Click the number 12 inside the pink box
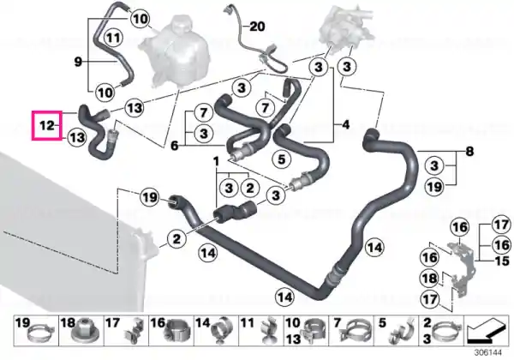point(46,125)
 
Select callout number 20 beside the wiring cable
point(257,27)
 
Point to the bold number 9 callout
point(78,62)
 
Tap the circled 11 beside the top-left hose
point(113,38)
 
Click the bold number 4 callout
point(345,124)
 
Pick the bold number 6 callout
point(175,145)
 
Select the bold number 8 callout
point(469,152)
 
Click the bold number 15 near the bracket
point(502,261)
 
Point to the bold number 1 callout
point(216,161)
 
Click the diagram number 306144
point(488,352)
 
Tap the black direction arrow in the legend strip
point(487,330)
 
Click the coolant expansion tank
point(175,51)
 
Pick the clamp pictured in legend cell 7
point(356,331)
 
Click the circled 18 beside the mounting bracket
point(430,279)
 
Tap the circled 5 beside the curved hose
point(282,159)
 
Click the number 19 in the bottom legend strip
point(22,322)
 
